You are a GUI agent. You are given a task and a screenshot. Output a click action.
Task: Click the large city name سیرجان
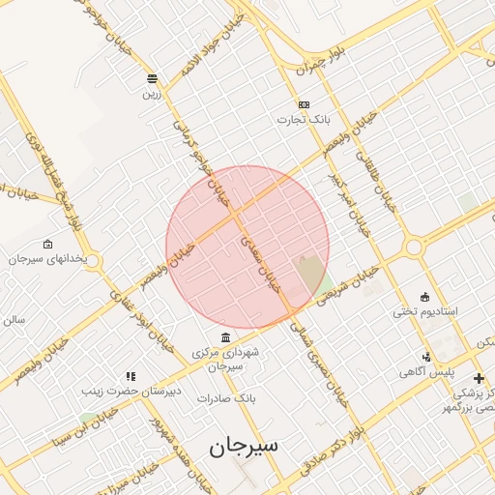click(243, 446)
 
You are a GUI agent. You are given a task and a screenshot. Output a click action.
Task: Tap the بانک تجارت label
click(305, 120)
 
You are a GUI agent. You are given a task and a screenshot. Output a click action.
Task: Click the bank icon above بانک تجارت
click(304, 104)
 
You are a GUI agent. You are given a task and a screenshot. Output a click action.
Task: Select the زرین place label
click(152, 94)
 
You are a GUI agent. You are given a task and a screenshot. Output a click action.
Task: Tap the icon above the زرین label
click(152, 78)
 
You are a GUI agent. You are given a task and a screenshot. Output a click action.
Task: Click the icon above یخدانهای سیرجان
click(48, 245)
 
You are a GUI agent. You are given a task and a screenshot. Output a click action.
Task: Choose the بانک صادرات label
click(224, 398)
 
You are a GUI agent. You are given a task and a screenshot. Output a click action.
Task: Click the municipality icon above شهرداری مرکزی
click(225, 337)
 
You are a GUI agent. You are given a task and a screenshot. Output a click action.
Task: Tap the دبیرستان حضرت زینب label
click(131, 392)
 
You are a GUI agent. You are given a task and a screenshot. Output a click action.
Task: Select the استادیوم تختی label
click(424, 311)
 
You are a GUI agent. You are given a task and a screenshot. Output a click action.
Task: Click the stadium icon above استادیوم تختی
click(424, 296)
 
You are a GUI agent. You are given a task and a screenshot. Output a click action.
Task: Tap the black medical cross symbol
click(478, 377)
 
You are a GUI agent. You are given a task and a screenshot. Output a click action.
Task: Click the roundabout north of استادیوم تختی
click(415, 247)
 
